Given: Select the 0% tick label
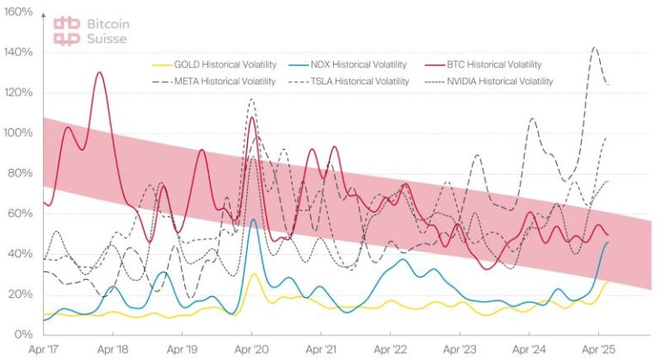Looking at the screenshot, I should point(23,334).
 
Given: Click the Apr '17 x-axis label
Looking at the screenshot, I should point(44,351).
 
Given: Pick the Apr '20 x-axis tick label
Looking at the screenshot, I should point(251,351).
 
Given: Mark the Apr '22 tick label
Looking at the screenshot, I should point(390,351).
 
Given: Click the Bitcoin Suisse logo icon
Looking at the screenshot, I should point(66,30).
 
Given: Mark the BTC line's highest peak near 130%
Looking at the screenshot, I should point(100,72).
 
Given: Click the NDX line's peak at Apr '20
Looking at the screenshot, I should point(253,219).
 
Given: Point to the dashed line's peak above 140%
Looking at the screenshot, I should point(595,47).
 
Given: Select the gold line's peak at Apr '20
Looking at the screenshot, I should point(254,274).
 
